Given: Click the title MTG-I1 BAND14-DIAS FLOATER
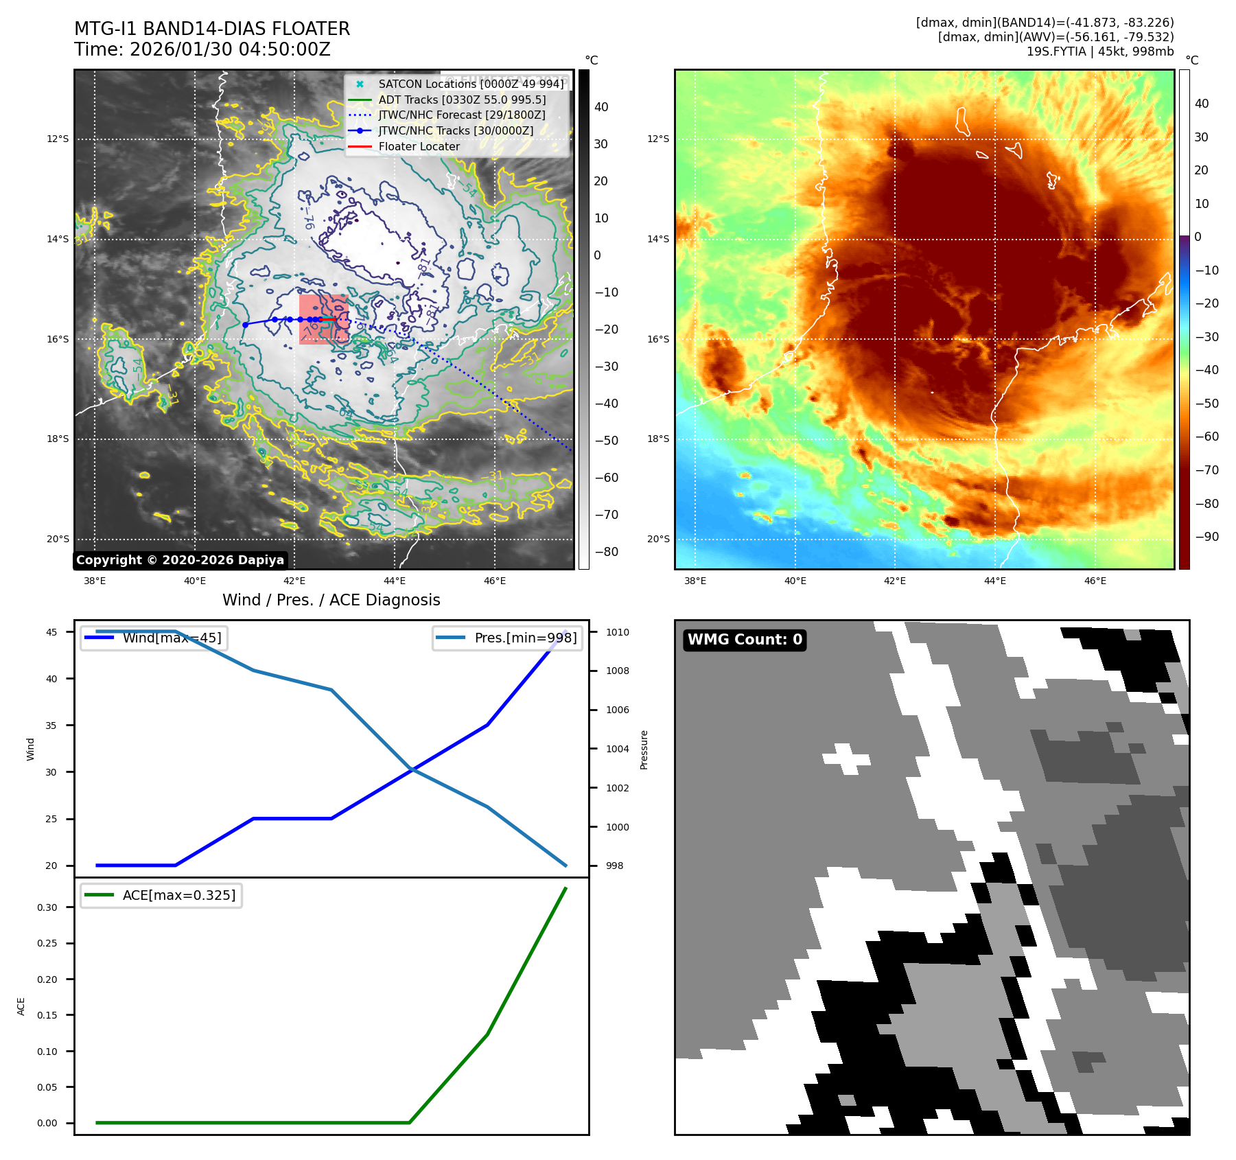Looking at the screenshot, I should click(x=212, y=29).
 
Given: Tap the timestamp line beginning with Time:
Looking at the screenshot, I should click(x=202, y=50).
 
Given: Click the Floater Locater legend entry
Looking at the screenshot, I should click(x=419, y=146).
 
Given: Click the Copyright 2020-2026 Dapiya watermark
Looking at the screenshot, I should click(x=180, y=560).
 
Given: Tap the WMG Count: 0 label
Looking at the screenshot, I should click(x=745, y=640).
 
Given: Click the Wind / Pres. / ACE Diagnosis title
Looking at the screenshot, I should click(x=331, y=600).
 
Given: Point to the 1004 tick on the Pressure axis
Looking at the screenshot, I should click(x=617, y=749).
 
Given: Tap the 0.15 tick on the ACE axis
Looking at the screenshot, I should click(x=47, y=1015).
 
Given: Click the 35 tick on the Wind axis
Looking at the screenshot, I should click(x=51, y=726).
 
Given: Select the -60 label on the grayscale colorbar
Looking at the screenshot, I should click(x=606, y=478).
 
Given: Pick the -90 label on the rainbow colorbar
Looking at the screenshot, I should click(x=1206, y=537).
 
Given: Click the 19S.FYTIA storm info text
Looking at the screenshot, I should click(x=1099, y=51).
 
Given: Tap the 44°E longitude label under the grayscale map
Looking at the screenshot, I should click(x=395, y=581).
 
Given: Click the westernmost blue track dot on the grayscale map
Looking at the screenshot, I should click(x=245, y=325).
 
